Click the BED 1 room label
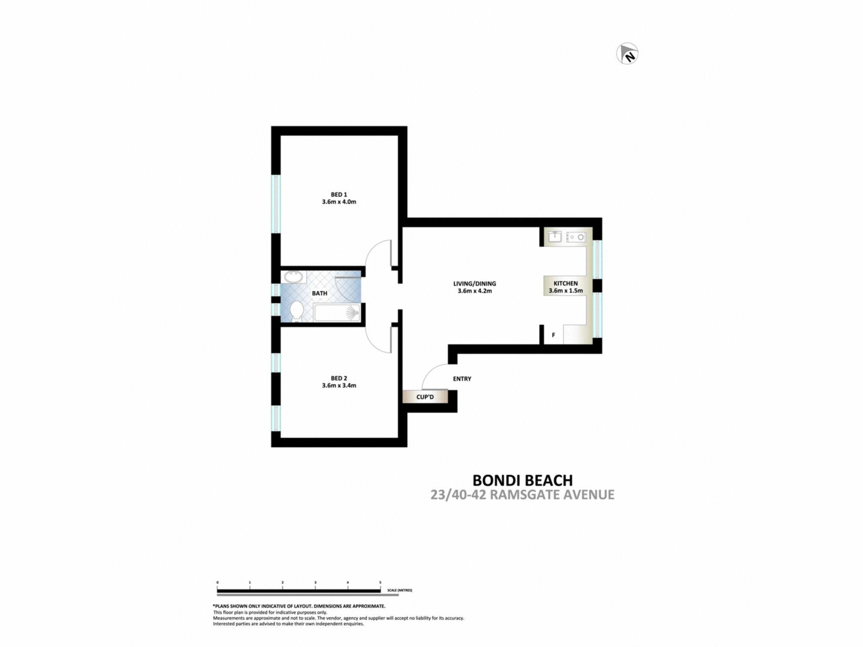point(339,195)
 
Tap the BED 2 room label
point(339,378)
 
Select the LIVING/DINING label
point(474,283)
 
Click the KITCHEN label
point(565,283)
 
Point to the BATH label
point(319,293)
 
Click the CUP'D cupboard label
point(425,397)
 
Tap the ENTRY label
point(462,379)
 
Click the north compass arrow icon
point(627,54)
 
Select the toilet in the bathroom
point(296,311)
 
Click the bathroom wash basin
point(293,276)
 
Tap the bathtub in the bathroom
point(337,313)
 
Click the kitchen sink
point(554,236)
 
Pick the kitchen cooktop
point(576,237)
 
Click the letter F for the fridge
point(553,335)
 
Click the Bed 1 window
point(276,204)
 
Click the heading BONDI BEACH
point(522,480)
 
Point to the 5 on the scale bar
point(380,582)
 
